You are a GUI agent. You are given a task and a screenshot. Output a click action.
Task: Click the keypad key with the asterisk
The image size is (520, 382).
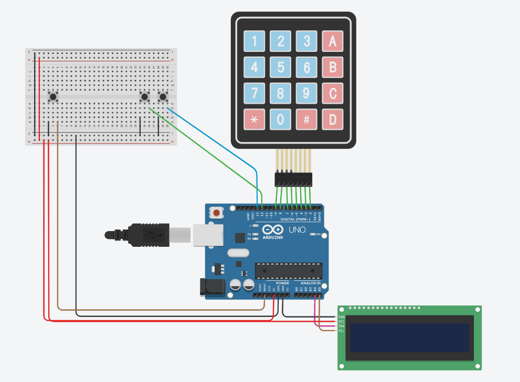pos(254,119)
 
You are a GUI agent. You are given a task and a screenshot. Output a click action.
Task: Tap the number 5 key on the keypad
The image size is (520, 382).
pos(281,67)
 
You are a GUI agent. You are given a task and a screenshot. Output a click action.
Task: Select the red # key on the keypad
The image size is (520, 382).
pos(306,119)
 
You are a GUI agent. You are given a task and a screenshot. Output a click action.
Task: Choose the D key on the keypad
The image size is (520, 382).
pos(332,119)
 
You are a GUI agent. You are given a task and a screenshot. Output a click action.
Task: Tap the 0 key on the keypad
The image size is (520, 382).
pos(281,119)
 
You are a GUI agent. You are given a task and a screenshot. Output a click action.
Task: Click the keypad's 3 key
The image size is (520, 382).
pos(306,41)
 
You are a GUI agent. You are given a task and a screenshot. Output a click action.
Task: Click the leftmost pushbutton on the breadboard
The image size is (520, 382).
pos(52,97)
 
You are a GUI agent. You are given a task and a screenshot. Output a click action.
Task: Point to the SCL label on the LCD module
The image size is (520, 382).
pos(342,331)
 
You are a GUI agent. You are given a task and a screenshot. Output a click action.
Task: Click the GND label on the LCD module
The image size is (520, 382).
pos(342,317)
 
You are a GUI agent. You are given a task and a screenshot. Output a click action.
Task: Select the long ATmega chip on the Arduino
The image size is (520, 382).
pos(288,270)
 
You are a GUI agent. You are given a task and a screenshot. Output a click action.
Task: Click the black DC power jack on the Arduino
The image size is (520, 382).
pos(212,287)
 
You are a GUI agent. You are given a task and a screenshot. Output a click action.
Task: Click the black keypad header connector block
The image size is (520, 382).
pos(293,179)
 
